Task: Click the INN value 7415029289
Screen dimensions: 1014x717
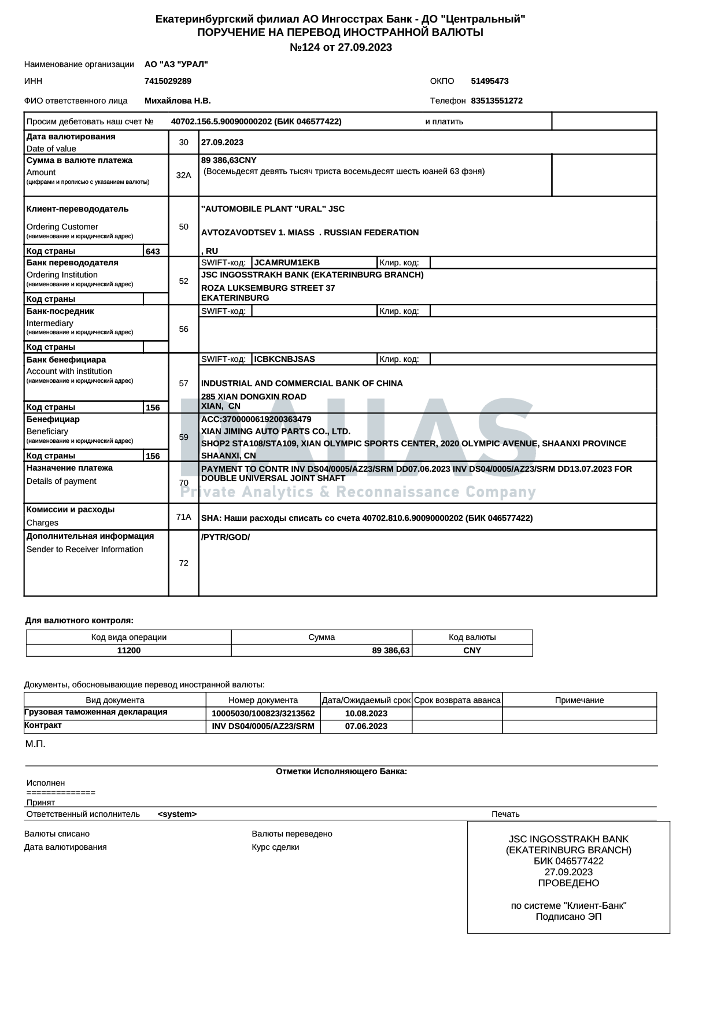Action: (x=168, y=81)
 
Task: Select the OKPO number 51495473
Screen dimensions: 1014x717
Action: (x=490, y=81)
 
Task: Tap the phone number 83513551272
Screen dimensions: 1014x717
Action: (x=497, y=101)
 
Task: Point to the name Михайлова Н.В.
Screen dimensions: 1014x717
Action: (x=178, y=101)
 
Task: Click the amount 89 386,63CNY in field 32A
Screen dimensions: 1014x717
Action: (x=229, y=160)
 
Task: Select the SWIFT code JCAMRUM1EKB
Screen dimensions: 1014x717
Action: (x=287, y=262)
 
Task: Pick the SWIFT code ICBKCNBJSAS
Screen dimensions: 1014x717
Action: (x=284, y=359)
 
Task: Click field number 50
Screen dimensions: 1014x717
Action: (x=183, y=227)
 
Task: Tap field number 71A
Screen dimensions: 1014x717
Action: (x=183, y=517)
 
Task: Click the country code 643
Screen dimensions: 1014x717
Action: (x=153, y=251)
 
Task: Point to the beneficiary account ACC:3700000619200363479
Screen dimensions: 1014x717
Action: (x=256, y=419)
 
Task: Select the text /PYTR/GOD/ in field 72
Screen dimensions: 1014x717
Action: (x=226, y=537)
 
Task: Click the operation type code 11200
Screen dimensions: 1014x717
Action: (x=128, y=650)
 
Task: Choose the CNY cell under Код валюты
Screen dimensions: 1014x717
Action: (x=472, y=650)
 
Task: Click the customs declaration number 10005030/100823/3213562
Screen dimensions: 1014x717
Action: (x=263, y=713)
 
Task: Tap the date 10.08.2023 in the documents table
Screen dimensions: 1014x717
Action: (x=366, y=713)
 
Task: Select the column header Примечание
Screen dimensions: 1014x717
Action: (x=579, y=700)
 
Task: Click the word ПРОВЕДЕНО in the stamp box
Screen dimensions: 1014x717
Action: (x=568, y=883)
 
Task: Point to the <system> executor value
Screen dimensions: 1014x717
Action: (x=177, y=814)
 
